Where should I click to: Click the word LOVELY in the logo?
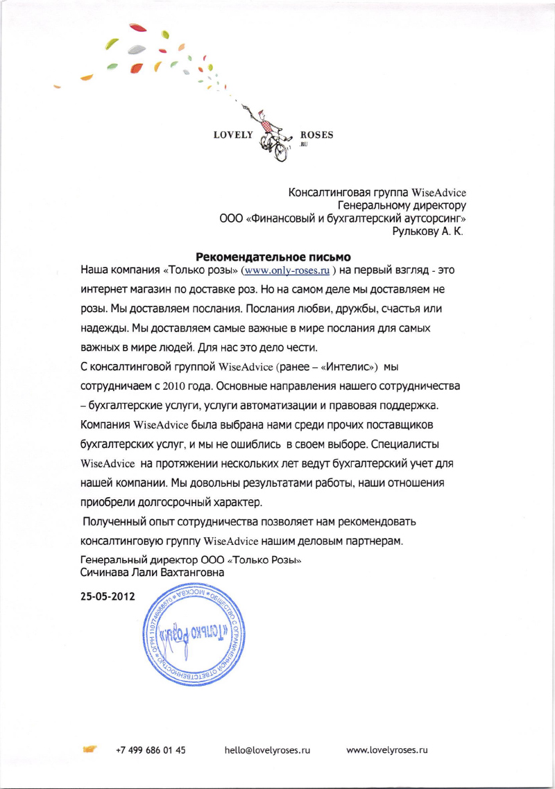click(x=234, y=135)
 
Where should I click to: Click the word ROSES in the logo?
click(x=316, y=135)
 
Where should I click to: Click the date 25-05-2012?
click(x=108, y=596)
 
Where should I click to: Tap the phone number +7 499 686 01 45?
click(x=151, y=750)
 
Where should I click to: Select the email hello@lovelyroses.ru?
click(x=267, y=750)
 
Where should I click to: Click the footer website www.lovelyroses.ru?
click(x=386, y=750)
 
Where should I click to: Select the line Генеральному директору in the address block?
click(x=402, y=205)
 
